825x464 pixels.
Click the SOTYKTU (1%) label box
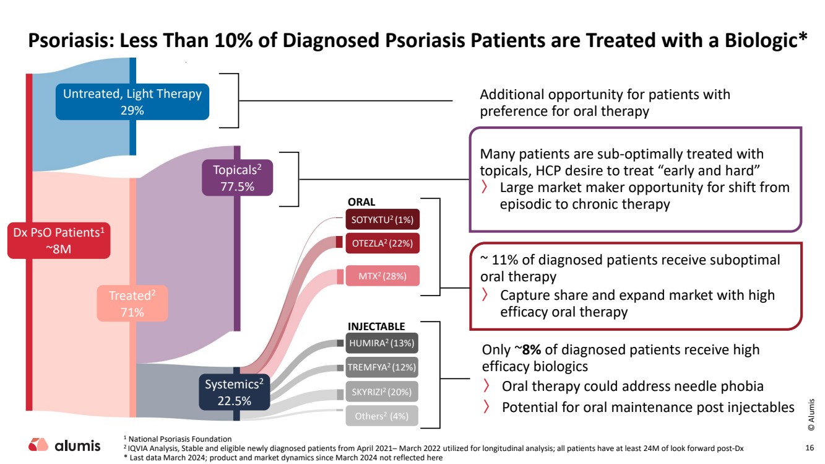382,219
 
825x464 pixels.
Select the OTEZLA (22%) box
382,243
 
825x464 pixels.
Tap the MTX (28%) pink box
382,276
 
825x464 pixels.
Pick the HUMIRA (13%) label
382,343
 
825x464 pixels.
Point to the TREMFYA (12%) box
382,367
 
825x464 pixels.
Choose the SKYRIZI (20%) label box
382,392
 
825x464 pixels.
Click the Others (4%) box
382,416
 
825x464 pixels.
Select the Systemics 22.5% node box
234,392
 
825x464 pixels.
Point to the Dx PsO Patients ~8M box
59,240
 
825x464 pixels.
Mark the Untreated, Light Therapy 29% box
132,102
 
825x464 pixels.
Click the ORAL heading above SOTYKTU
361,202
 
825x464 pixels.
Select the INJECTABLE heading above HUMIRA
376,326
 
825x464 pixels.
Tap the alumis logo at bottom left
64,445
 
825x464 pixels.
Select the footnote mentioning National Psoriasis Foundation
180,439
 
